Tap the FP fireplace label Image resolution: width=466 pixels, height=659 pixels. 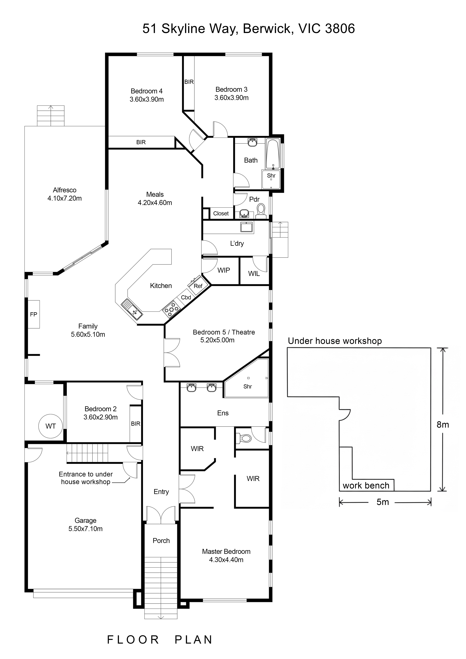point(34,314)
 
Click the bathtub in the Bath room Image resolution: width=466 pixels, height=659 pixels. point(273,154)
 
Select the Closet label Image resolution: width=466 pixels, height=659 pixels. point(221,213)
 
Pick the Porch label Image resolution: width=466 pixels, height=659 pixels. point(161,540)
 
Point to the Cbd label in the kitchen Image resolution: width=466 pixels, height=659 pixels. point(186,297)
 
